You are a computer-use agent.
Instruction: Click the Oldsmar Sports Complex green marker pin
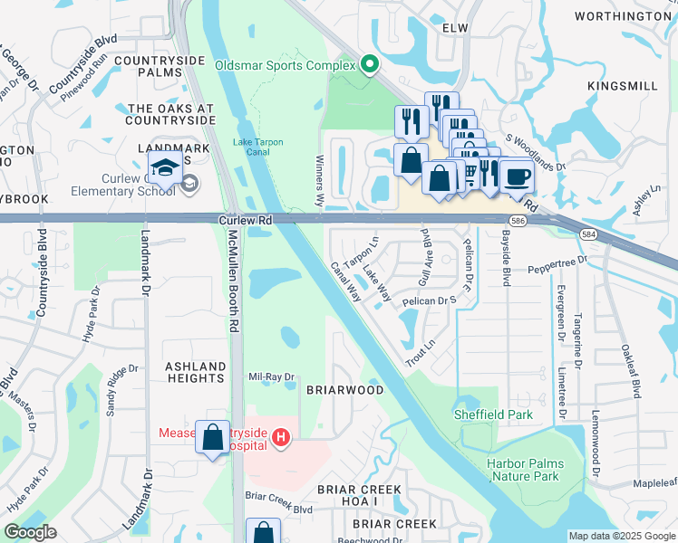(369, 64)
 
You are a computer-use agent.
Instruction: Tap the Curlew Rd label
(246, 220)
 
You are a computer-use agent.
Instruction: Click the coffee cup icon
(517, 176)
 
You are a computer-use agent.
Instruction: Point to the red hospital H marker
(281, 439)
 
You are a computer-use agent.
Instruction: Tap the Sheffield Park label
(493, 415)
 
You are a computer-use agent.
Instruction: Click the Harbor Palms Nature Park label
(525, 470)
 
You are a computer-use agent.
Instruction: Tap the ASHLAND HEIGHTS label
(195, 373)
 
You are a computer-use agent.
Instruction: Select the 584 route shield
(587, 234)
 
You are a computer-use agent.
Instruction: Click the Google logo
(30, 533)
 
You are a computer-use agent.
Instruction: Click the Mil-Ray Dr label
(272, 376)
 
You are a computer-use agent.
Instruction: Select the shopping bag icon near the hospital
(213, 439)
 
